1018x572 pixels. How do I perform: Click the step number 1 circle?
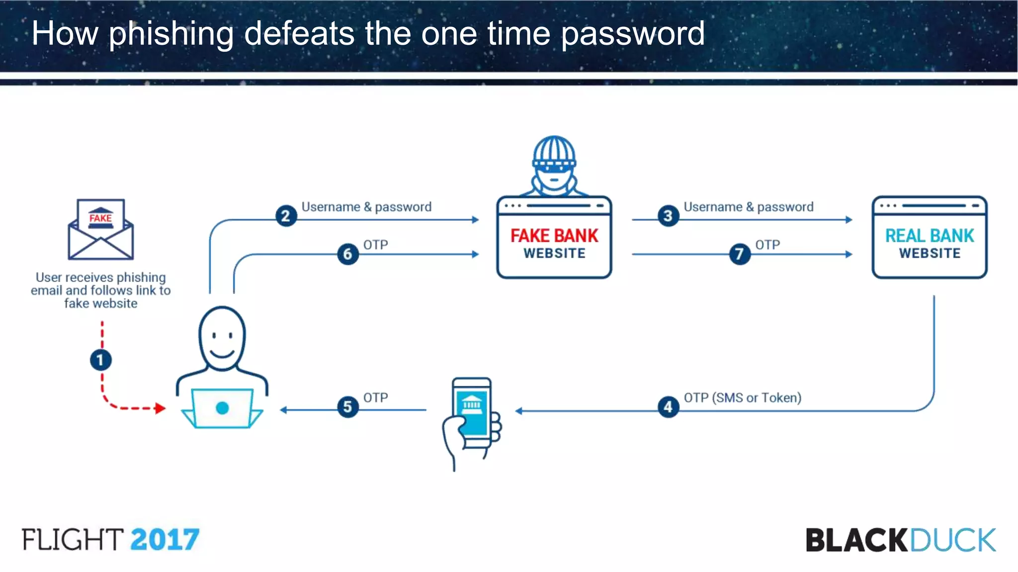100,360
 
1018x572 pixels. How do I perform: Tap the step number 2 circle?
286,216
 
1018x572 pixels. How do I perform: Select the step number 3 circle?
668,216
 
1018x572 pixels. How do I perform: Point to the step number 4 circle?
668,407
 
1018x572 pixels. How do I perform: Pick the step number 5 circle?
347,407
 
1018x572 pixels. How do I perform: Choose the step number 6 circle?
347,254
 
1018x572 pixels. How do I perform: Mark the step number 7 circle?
739,254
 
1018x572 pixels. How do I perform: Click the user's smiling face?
222,338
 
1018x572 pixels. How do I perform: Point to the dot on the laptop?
222,408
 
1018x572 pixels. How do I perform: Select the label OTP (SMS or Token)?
742,398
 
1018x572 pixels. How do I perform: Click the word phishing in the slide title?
171,34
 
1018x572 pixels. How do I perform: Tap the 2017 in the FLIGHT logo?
165,540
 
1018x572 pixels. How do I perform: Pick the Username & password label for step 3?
748,207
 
